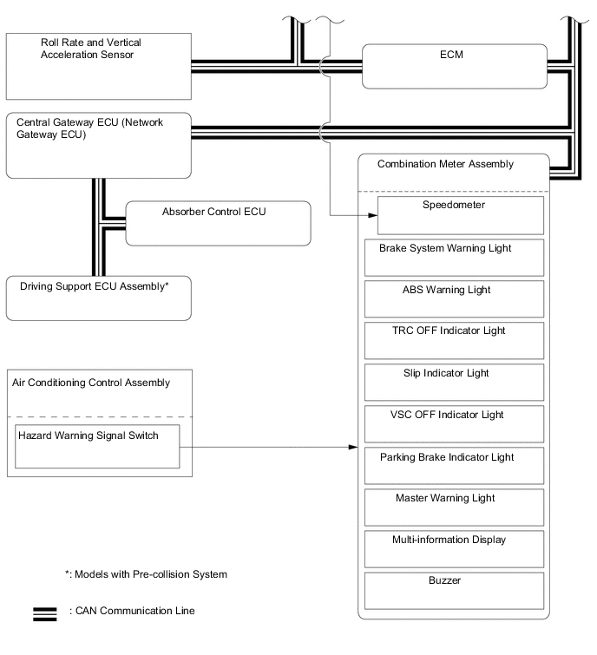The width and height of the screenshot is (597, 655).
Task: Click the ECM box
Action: click(454, 66)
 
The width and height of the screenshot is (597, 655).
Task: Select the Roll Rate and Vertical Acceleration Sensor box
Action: click(98, 66)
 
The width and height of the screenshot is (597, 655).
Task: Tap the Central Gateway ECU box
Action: click(98, 145)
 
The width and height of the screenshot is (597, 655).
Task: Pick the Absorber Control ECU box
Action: click(218, 223)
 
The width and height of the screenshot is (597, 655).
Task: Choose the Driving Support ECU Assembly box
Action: click(98, 298)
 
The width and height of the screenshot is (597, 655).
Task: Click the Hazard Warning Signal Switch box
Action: click(98, 446)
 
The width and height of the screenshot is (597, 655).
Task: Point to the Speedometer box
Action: click(460, 215)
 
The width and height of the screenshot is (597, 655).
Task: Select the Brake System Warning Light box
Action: click(456, 257)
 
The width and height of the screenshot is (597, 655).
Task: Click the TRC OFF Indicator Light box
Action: click(456, 340)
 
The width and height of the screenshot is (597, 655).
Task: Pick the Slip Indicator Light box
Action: click(456, 382)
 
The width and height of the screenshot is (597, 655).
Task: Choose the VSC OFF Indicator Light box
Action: click(456, 423)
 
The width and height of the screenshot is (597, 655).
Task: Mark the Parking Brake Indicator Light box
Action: click(456, 465)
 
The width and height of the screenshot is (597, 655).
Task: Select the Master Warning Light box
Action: click(456, 507)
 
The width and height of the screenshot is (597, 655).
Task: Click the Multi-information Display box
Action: click(456, 548)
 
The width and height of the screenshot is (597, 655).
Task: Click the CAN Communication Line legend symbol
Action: click(45, 613)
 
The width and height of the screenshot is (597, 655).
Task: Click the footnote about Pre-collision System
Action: click(146, 574)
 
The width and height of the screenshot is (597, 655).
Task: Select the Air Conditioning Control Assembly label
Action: click(91, 382)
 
